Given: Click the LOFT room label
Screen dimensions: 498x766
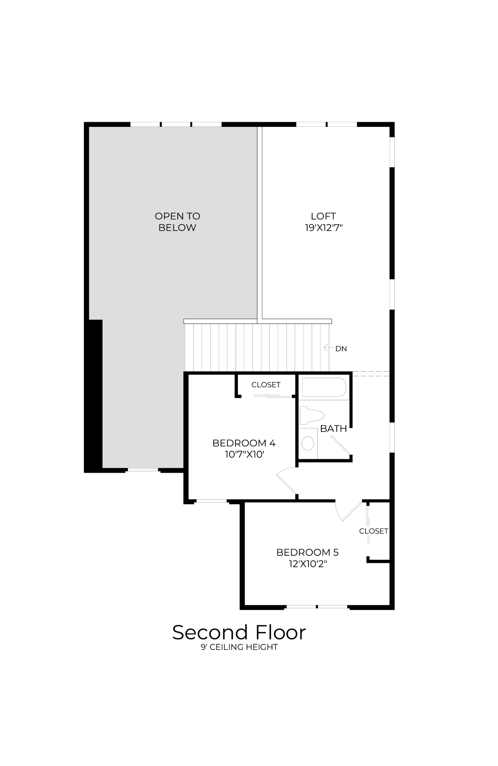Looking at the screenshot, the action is tap(323, 216).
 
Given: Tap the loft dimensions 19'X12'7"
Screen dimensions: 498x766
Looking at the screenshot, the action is tap(324, 228).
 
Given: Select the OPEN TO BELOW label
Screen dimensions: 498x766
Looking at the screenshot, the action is tap(177, 222).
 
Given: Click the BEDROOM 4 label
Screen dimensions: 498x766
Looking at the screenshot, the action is tap(244, 443).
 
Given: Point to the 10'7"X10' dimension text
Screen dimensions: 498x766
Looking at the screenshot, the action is tap(244, 454).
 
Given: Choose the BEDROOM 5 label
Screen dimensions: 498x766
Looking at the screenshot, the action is tap(308, 552).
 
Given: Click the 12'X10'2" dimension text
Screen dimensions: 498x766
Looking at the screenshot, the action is tap(308, 564).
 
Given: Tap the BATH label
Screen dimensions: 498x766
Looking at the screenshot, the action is tap(333, 428).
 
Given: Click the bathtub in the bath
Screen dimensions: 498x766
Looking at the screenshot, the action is tap(324, 387).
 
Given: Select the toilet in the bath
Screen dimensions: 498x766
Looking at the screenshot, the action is tap(311, 416).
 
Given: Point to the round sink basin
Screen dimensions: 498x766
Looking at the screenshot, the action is tap(308, 443).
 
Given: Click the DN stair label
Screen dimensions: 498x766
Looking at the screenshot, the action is tap(341, 349).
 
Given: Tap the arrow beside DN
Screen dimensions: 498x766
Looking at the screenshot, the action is tap(328, 348).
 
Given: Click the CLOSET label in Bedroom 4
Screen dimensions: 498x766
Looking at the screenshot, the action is tap(266, 385).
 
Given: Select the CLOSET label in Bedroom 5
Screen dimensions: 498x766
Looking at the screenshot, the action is tap(373, 531).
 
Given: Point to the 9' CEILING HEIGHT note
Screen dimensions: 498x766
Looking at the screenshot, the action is tap(239, 647).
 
